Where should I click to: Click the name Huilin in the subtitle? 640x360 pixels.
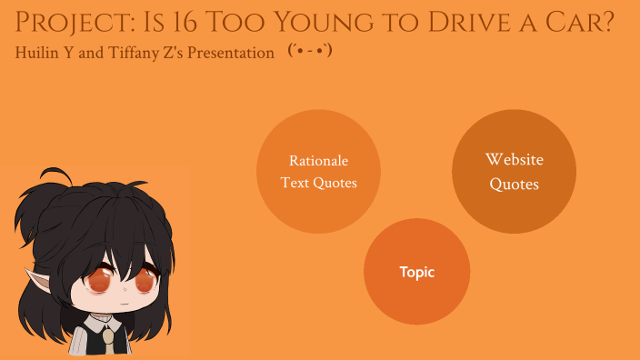pyautogui.click(x=38, y=53)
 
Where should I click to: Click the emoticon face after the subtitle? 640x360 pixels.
pyautogui.click(x=309, y=51)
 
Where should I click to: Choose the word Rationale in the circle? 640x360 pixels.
pyautogui.click(x=318, y=161)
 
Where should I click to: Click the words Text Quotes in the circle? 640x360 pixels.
pyautogui.click(x=318, y=183)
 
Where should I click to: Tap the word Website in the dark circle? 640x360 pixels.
pyautogui.click(x=514, y=160)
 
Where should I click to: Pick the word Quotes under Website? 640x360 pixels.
pyautogui.click(x=514, y=185)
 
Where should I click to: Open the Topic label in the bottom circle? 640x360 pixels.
pyautogui.click(x=416, y=272)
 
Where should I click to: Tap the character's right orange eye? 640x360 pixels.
pyautogui.click(x=143, y=282)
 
